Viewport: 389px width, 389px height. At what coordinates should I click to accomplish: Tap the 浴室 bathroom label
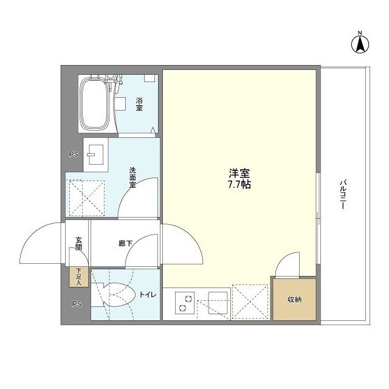[x=139, y=104]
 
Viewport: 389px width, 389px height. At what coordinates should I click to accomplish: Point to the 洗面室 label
[x=132, y=177]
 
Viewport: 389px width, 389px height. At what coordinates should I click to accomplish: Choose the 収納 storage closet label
[x=294, y=300]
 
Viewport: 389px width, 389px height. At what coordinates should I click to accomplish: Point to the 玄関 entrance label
[x=78, y=244]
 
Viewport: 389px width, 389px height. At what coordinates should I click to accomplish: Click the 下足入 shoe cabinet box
[x=78, y=277]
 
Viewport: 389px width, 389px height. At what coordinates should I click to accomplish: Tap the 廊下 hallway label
[x=125, y=243]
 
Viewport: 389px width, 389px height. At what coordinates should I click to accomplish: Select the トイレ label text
[x=148, y=295]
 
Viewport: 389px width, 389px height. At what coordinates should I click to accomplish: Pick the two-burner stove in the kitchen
[x=184, y=302]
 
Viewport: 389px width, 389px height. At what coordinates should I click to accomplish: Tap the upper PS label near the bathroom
[x=74, y=154]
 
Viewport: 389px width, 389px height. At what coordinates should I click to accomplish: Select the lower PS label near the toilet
[x=76, y=304]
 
